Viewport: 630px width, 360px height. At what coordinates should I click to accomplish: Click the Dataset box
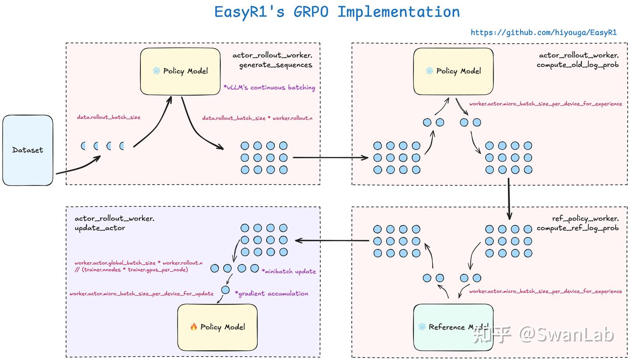[28, 150]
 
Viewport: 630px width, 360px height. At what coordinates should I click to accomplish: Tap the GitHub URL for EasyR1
[544, 33]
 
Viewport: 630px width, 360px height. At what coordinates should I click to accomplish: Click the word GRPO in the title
[311, 12]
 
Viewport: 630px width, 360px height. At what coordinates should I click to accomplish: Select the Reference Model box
[453, 327]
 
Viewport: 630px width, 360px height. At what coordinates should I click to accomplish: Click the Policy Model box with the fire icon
[217, 327]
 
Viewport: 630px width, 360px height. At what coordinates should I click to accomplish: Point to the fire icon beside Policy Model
[193, 326]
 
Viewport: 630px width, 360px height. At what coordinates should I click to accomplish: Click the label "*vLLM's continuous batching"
[269, 87]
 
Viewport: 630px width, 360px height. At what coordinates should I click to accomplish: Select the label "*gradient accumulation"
[271, 294]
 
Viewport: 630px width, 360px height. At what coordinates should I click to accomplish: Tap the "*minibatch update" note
[289, 271]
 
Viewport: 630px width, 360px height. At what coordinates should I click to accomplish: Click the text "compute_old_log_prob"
[577, 65]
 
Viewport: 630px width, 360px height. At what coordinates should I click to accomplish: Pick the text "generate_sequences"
[276, 65]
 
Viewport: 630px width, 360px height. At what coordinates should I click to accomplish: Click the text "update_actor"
[100, 228]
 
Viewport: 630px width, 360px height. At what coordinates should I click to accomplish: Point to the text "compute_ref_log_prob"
[577, 228]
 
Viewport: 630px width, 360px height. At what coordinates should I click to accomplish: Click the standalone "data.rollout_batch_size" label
[108, 117]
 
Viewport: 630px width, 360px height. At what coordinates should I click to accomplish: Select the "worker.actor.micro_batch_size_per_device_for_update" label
[141, 294]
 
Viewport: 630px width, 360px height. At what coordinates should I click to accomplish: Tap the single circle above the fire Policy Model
[225, 290]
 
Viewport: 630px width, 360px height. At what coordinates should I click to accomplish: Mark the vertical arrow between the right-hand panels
[509, 199]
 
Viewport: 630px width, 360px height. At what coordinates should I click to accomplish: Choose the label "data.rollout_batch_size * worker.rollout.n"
[257, 118]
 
